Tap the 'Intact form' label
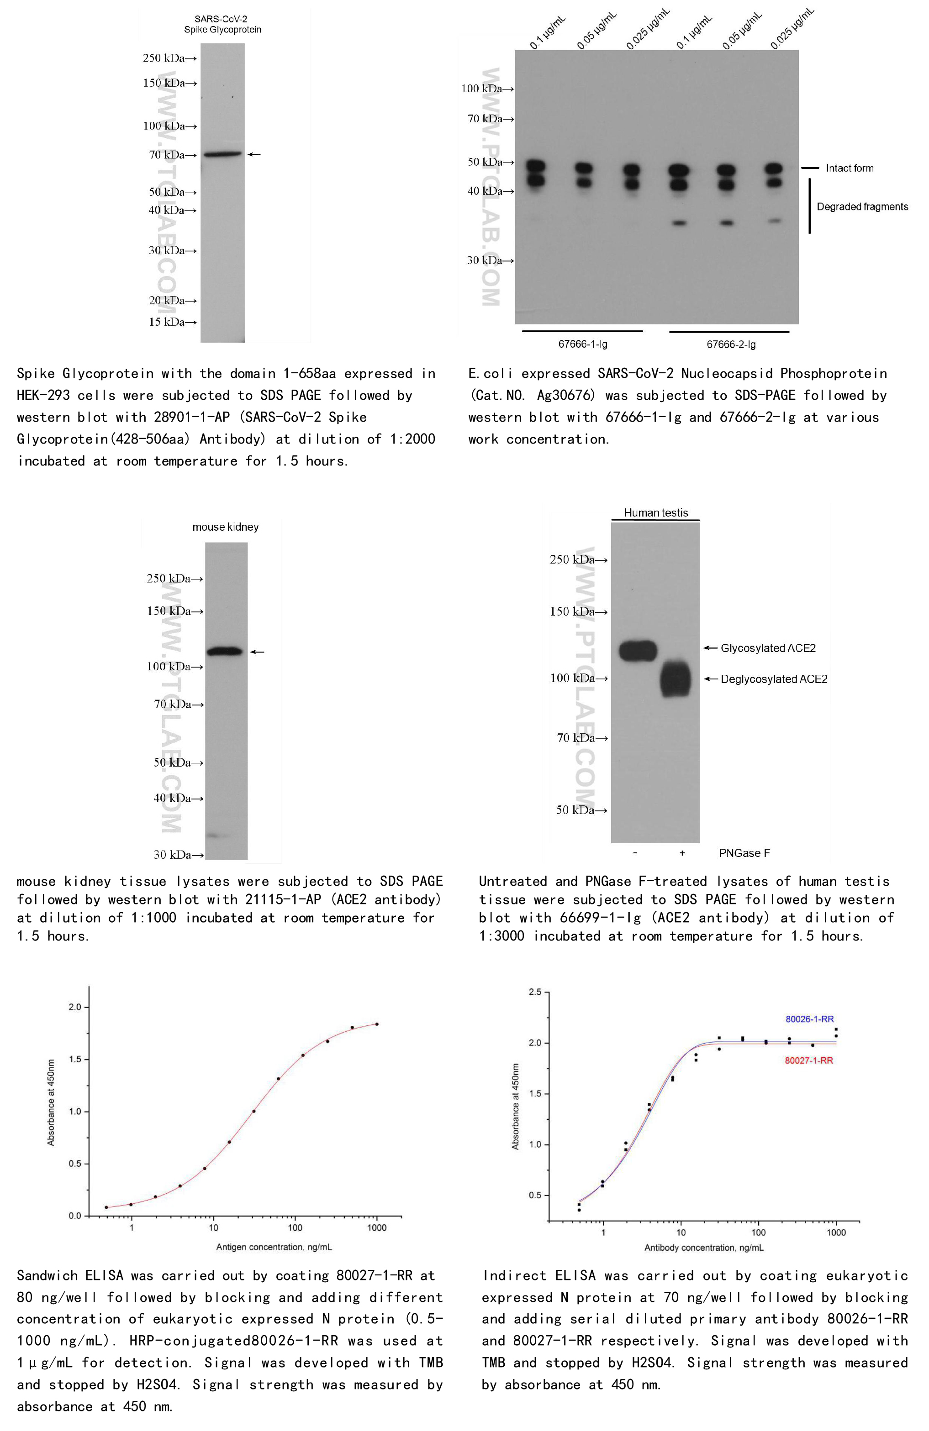[x=849, y=168]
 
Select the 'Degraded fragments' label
[x=861, y=207]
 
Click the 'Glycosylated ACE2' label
[x=768, y=648]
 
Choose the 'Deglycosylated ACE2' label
[x=773, y=679]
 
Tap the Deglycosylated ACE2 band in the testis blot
[x=675, y=679]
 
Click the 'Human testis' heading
[x=655, y=513]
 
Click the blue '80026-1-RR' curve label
[x=809, y=1019]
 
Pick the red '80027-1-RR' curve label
[x=809, y=1060]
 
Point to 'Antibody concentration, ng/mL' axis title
[x=703, y=1248]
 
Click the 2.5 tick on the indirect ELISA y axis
[x=535, y=992]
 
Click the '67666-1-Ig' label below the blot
[x=582, y=345]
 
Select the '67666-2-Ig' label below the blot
[x=730, y=345]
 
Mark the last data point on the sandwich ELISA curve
[x=377, y=1024]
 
